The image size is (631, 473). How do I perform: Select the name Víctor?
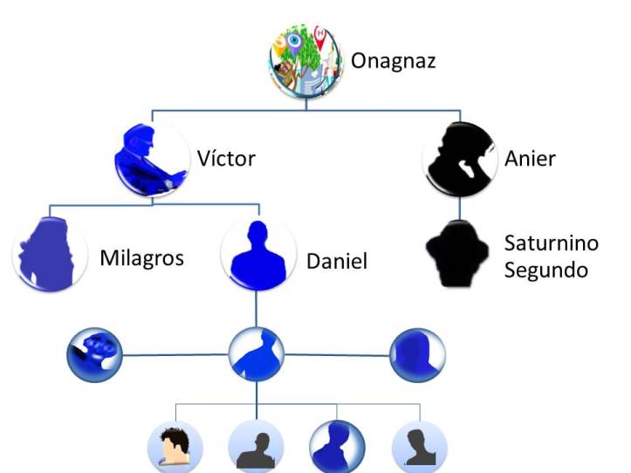pyautogui.click(x=226, y=159)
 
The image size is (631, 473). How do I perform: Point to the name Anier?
pyautogui.click(x=530, y=159)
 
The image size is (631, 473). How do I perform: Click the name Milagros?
pyautogui.click(x=141, y=258)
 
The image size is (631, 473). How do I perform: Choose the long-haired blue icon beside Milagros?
pyautogui.click(x=49, y=253)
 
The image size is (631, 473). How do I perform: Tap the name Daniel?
pyautogui.click(x=337, y=261)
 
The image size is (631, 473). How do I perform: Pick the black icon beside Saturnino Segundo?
pyautogui.click(x=459, y=255)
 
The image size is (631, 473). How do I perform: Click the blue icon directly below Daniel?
pyautogui.click(x=257, y=356)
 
